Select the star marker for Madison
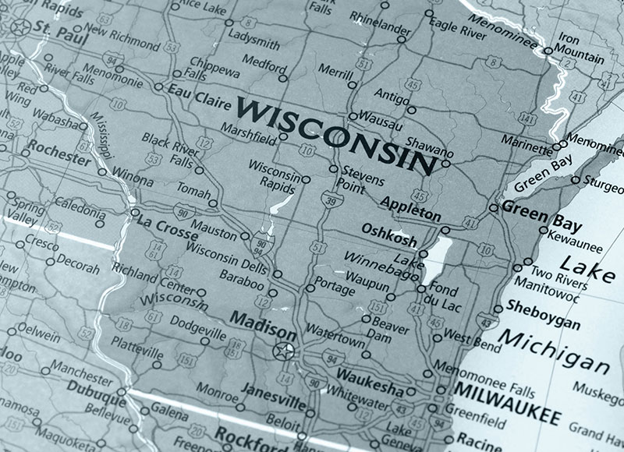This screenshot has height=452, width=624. pos(282,351)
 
